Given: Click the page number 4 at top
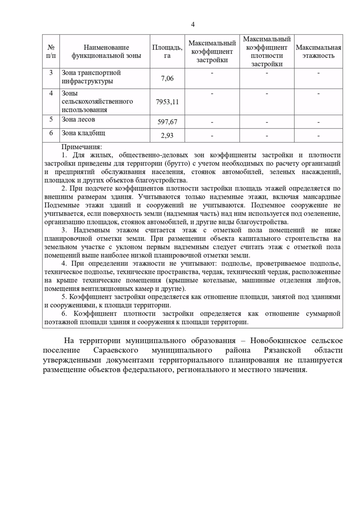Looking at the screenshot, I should (193, 25).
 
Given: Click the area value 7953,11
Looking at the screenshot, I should (167, 102).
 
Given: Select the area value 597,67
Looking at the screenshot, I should (167, 122).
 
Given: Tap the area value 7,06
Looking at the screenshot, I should (167, 79).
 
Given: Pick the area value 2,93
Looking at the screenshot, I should (167, 135).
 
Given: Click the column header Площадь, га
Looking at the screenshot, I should (167, 52).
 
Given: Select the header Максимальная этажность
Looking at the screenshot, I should (318, 52).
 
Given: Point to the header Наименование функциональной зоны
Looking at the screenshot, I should (106, 52).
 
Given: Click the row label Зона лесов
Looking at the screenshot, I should (78, 119).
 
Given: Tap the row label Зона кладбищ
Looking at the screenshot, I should (83, 133).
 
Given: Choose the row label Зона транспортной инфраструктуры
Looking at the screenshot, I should (91, 77).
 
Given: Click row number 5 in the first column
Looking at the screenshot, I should (51, 119).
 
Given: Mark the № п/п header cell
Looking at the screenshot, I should (51, 52).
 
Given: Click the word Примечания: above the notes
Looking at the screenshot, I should (82, 147).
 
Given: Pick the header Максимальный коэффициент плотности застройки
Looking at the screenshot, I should (267, 52).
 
